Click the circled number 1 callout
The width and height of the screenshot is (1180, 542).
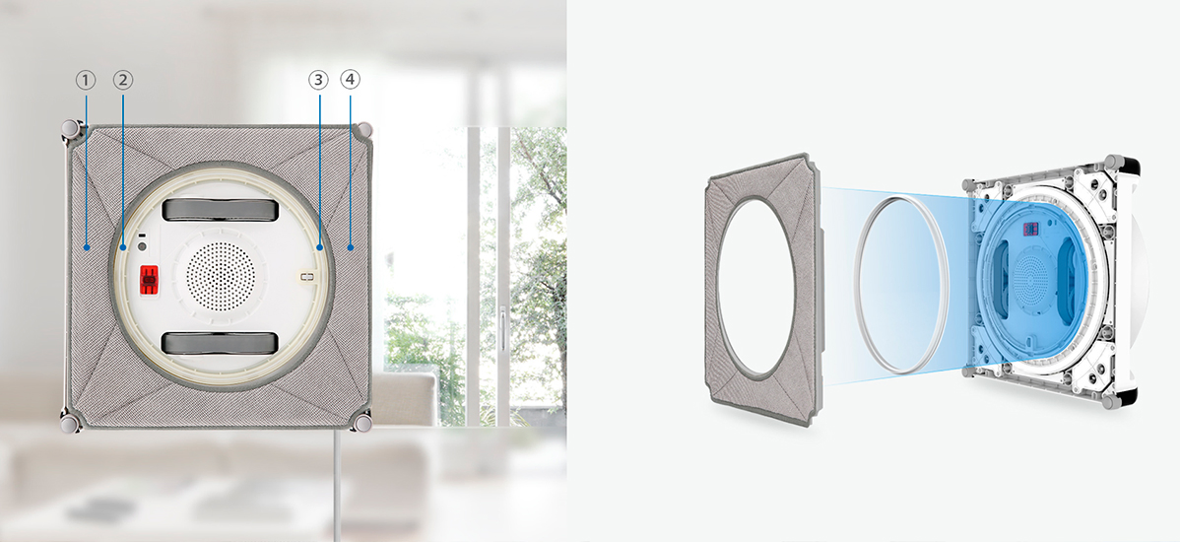coord(85,79)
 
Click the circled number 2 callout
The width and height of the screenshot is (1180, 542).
coord(123,79)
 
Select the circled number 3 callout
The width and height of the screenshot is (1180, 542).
coord(318,79)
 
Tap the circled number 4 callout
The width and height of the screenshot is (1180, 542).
coord(350,79)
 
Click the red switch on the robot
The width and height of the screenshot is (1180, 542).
coord(149,280)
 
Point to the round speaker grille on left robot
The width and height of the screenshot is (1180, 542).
coord(220,273)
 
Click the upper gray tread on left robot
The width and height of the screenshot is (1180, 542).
coord(219,210)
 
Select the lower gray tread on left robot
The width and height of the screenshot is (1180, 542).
coord(219,343)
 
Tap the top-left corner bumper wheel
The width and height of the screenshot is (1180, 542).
coord(70,129)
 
